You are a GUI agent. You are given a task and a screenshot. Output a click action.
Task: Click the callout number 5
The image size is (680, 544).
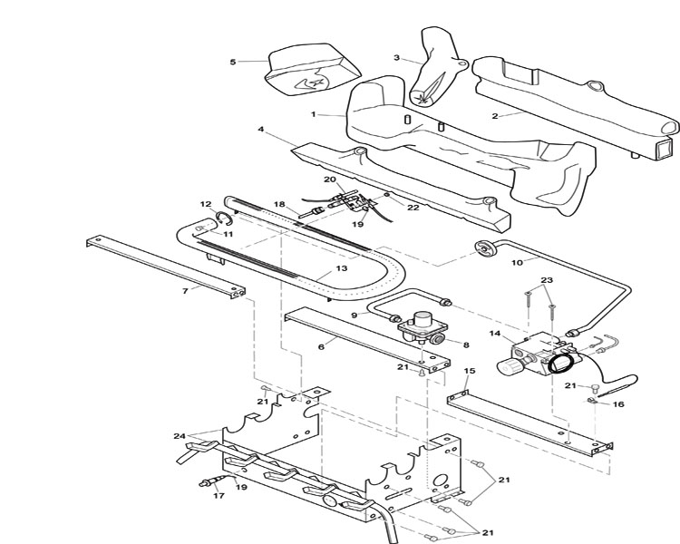click(233, 62)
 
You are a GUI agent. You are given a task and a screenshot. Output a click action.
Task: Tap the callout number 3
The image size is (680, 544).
click(396, 58)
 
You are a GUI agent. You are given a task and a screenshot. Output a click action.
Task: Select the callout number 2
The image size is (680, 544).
click(495, 116)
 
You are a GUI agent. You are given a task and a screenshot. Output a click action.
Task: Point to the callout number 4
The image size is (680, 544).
click(260, 130)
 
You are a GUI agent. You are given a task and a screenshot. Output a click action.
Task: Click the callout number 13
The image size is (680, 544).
click(342, 268)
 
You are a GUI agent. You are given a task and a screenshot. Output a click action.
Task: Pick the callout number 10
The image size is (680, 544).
click(518, 262)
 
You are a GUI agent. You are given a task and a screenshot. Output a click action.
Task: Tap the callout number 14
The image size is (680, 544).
click(495, 333)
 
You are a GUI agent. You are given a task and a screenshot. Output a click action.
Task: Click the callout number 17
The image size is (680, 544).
click(219, 495)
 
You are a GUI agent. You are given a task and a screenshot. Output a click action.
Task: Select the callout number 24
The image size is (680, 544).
click(180, 436)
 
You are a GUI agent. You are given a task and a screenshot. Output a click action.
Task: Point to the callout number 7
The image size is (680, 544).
click(186, 291)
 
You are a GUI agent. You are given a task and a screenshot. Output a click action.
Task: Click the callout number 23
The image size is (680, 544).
click(547, 280)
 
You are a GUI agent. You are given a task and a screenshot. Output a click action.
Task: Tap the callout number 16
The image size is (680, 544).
click(618, 403)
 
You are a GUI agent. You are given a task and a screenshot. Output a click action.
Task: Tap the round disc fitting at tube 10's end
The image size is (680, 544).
click(485, 248)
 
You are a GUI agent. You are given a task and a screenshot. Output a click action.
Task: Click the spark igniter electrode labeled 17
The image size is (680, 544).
click(212, 481)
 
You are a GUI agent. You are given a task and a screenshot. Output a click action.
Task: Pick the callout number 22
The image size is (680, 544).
click(413, 208)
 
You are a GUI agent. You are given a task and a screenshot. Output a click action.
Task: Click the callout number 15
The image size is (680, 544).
click(470, 371)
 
